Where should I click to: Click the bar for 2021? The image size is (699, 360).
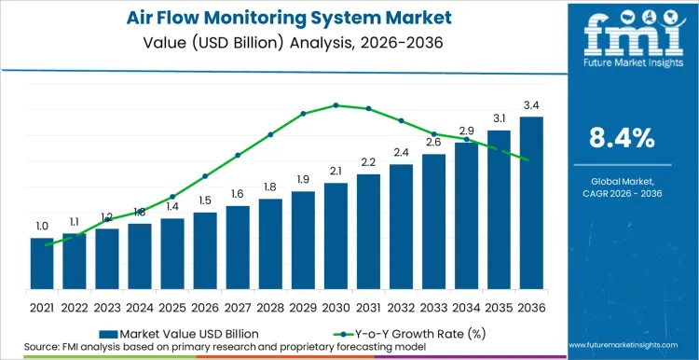pos(42,264)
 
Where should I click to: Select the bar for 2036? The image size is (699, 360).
pos(531,203)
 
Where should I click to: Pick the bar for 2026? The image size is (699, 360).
pos(205,251)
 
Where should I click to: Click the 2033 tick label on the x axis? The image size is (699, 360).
pos(433,305)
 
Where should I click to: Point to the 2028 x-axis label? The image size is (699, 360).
pos(270,305)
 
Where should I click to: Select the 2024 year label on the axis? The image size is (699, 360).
pos(140,305)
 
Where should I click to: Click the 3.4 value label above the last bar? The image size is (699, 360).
pos(531,105)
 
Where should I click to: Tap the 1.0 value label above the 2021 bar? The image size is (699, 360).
pos(42,227)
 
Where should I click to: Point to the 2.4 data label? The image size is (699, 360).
pos(401,152)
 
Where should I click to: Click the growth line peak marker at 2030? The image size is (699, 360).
pos(336,105)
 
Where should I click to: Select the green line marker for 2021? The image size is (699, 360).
pos(47,244)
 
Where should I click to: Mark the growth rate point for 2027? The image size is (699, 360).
pos(238,155)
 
